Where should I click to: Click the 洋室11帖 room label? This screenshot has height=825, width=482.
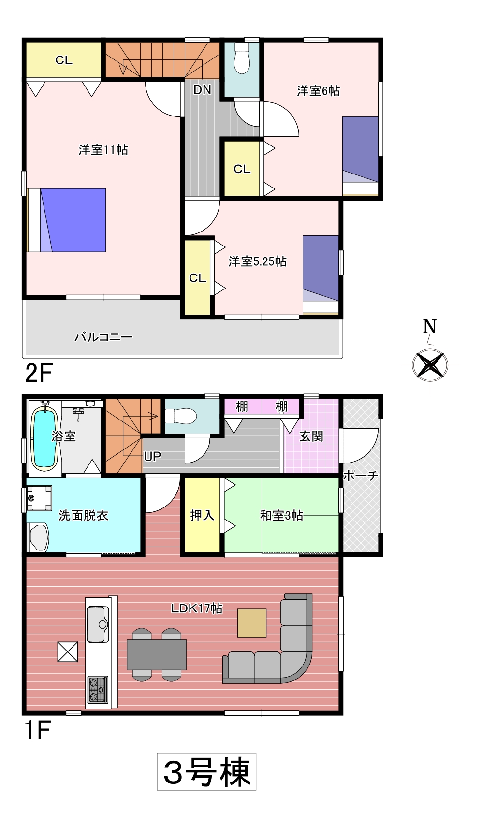point(103,150)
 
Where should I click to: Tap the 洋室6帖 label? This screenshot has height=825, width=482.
point(319,91)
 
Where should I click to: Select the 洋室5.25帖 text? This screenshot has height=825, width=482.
point(257,261)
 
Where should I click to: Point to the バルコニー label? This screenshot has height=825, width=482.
point(103,337)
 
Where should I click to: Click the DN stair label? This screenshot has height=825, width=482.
point(202,89)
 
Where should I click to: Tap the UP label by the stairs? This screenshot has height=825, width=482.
point(152,457)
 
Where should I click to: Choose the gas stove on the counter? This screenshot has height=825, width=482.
point(98,690)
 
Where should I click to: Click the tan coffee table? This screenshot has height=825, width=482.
point(252,623)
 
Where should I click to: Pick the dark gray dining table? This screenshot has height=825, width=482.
point(157,654)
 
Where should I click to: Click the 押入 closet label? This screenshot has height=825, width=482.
point(202,515)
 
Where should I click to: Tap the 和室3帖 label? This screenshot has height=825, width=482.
point(281,515)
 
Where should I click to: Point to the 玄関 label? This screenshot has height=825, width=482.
point(311,436)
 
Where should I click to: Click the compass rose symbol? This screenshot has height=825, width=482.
point(430,365)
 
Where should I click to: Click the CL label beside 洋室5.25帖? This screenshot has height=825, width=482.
point(198,278)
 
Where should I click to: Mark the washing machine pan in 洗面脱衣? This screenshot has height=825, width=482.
point(40,498)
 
